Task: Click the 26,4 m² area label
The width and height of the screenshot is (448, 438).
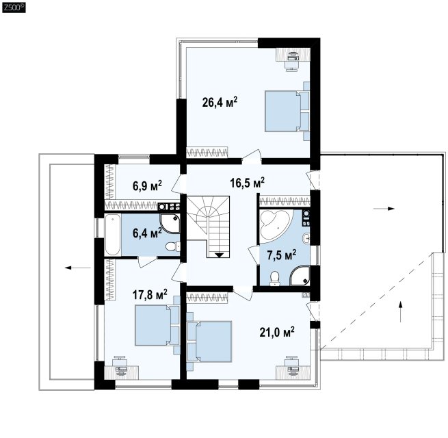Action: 220,102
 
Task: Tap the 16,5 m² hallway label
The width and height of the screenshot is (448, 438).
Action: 248,183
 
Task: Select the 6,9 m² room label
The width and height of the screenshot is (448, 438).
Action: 147,185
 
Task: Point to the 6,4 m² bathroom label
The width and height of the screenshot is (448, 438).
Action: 147,233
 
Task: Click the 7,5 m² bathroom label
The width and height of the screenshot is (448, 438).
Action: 281,255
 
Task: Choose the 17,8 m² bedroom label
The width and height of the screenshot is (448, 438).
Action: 150,294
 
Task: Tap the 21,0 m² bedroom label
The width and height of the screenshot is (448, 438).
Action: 277,333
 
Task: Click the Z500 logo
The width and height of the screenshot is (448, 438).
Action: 14,8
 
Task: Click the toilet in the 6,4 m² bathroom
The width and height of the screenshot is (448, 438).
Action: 173,246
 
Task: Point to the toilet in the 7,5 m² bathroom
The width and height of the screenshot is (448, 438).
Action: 275,278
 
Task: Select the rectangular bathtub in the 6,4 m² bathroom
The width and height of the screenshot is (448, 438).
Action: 113,235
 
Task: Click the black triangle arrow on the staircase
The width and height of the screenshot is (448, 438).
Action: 220,255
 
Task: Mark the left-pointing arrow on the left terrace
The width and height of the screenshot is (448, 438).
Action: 78,268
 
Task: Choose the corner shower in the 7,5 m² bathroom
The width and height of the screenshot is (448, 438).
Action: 300,276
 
